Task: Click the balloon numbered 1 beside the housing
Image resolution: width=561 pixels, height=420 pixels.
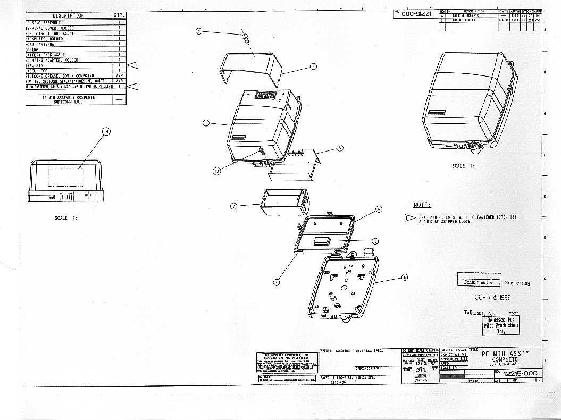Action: click(x=205, y=123)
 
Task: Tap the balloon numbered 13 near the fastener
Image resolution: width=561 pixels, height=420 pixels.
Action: click(x=216, y=171)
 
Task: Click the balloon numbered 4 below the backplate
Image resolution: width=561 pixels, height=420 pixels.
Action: click(x=276, y=282)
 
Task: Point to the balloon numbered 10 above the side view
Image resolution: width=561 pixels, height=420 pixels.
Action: click(x=106, y=131)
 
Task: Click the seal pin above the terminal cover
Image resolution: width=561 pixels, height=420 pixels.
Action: click(x=246, y=38)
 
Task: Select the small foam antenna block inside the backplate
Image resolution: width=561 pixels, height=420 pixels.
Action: click(x=323, y=240)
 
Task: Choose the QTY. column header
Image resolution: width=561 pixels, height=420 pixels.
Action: click(x=119, y=15)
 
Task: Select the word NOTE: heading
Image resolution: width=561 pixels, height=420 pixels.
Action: click(x=422, y=205)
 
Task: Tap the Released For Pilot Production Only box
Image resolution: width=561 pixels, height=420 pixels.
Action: click(x=500, y=325)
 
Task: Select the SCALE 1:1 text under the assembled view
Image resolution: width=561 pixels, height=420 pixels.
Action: click(x=465, y=166)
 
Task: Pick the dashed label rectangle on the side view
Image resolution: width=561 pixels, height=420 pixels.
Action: click(x=64, y=177)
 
